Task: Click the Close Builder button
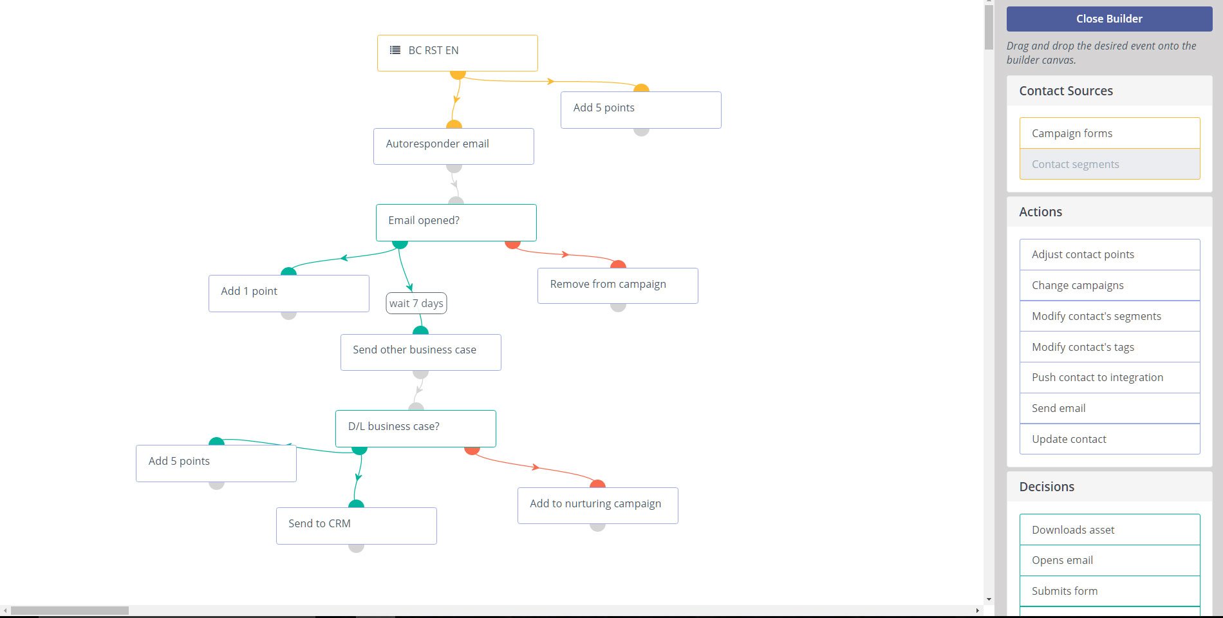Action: (x=1109, y=19)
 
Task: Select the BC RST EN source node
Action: (x=458, y=53)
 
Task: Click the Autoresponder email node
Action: (x=454, y=146)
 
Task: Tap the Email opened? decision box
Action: (x=456, y=223)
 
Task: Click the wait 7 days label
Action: (x=416, y=303)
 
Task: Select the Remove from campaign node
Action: (x=618, y=286)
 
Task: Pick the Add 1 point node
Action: (x=289, y=294)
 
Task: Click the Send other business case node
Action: (x=421, y=352)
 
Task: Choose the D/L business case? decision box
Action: (x=416, y=429)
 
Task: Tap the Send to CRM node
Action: (x=357, y=526)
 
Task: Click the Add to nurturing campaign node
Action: (x=598, y=505)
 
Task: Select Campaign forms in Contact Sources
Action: (x=1110, y=133)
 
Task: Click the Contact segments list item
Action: (x=1110, y=164)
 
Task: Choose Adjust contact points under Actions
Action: (x=1110, y=254)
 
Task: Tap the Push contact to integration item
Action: (x=1110, y=377)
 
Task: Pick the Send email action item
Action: (x=1110, y=408)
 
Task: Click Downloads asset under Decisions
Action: (x=1110, y=530)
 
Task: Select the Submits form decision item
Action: (x=1110, y=591)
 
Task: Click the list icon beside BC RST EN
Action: (x=395, y=50)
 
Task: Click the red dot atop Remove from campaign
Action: (x=618, y=264)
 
